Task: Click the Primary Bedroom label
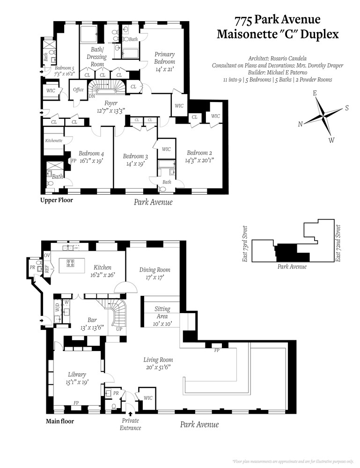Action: [164, 58]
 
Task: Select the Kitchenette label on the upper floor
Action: [54, 140]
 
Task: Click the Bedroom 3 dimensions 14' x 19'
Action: [136, 164]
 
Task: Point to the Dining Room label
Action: [154, 270]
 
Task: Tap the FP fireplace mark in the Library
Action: [75, 402]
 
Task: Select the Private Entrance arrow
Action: [130, 413]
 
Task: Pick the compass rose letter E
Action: [315, 93]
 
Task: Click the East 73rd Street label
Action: [245, 243]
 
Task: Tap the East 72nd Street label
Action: [338, 243]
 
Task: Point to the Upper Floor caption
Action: [56, 200]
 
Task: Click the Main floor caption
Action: [59, 421]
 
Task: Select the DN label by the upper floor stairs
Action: [91, 96]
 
